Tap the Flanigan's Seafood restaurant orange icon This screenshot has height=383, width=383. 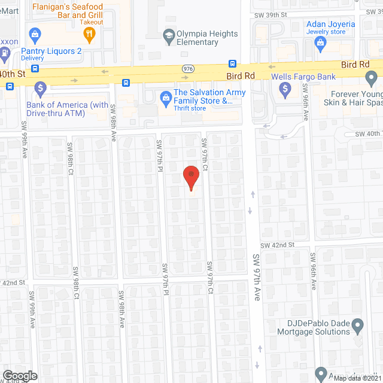pos(90,34)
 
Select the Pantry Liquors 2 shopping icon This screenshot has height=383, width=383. pos(35,34)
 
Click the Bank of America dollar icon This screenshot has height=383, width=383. pos(41,89)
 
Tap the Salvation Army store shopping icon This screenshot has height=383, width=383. pos(164,97)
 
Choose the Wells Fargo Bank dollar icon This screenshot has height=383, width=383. pos(286,89)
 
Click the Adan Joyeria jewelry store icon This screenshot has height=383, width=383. pos(321,41)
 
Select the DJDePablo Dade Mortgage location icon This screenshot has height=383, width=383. pos(358,326)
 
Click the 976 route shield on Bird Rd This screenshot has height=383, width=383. pos(187,69)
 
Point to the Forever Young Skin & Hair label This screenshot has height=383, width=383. pos(356,98)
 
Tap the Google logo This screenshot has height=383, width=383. pos(19,376)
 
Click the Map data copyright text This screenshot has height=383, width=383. pos(358,378)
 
